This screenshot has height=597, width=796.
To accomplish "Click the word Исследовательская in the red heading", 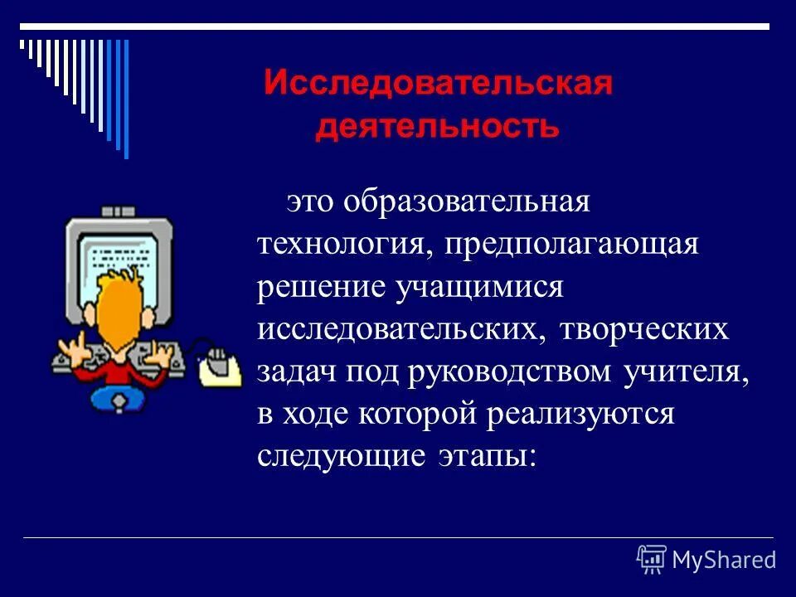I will pos(438,85).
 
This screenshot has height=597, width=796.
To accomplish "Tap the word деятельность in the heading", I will pos(438,127).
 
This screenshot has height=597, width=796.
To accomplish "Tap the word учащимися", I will pos(480,287).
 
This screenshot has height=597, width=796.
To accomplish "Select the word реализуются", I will pos(580,413).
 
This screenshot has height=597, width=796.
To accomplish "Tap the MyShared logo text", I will pos(723,560).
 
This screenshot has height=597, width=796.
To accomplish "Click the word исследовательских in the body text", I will pos(401,329).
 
